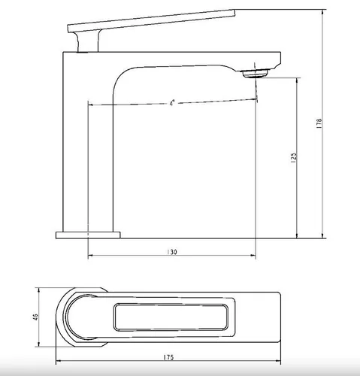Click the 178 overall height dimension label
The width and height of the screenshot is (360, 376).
[319, 123]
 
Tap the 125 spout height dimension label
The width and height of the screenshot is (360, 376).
[293, 158]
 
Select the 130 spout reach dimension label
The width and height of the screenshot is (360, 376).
[172, 252]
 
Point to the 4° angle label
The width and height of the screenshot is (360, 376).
[172, 103]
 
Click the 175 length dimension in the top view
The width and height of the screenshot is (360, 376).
[168, 357]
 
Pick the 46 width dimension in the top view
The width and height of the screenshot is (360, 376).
[35, 317]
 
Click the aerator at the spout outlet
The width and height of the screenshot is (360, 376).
[255, 74]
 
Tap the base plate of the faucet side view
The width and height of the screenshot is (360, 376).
[88, 235]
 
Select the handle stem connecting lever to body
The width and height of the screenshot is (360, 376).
[88, 41]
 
